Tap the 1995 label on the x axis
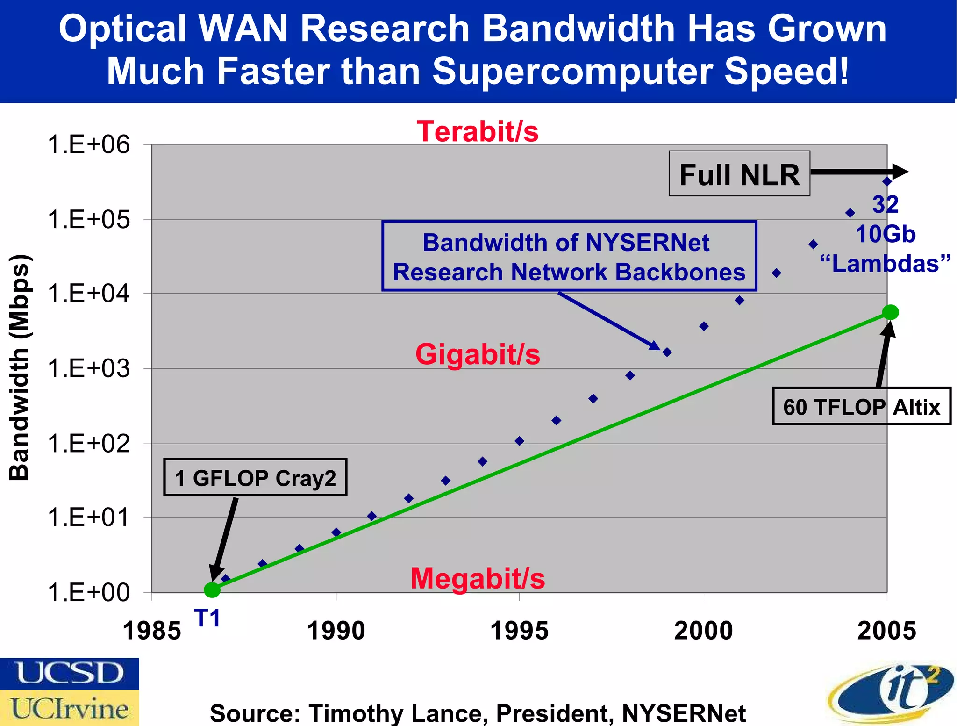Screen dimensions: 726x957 pos(519,631)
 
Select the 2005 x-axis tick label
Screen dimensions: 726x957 pos(886,631)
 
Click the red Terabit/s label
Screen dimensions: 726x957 pos(478,131)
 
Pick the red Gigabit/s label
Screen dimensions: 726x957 pos(478,354)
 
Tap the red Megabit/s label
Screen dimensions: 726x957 pos(478,579)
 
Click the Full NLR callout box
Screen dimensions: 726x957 pos(739,174)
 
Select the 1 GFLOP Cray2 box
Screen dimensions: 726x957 pos(255,477)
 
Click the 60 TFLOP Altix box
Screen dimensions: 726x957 pos(861,406)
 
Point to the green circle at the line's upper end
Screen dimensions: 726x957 pos(890,312)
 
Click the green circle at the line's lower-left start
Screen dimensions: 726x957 pos(212,589)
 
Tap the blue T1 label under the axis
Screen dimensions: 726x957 pos(207,618)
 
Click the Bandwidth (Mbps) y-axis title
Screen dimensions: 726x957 pos(20,367)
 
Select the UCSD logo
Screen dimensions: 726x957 pos(69,674)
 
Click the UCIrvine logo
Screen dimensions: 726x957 pos(69,709)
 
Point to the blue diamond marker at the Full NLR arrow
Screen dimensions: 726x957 pos(887,181)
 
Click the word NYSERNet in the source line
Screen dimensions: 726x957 pos(683,713)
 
